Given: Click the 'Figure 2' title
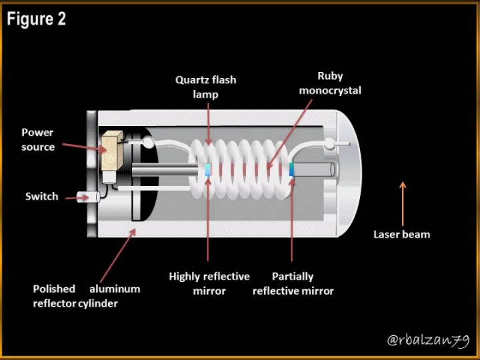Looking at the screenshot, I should [x=37, y=19].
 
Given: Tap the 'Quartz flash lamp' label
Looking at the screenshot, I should [x=205, y=87].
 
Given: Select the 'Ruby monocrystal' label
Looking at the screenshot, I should [x=330, y=83].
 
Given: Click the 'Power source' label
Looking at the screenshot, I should [x=37, y=139].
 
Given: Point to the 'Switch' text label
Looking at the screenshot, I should [x=41, y=197].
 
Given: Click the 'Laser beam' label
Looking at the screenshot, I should [x=401, y=234].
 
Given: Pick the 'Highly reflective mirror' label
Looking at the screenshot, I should [x=209, y=283].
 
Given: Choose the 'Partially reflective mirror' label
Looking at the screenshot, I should [x=293, y=283].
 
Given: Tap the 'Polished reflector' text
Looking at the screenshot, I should [x=54, y=296].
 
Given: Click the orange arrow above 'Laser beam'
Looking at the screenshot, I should [x=402, y=203].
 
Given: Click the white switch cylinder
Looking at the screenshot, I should [x=88, y=197].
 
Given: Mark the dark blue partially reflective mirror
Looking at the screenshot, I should [x=292, y=169].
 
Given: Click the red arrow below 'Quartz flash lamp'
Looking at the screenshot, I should [x=208, y=123].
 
